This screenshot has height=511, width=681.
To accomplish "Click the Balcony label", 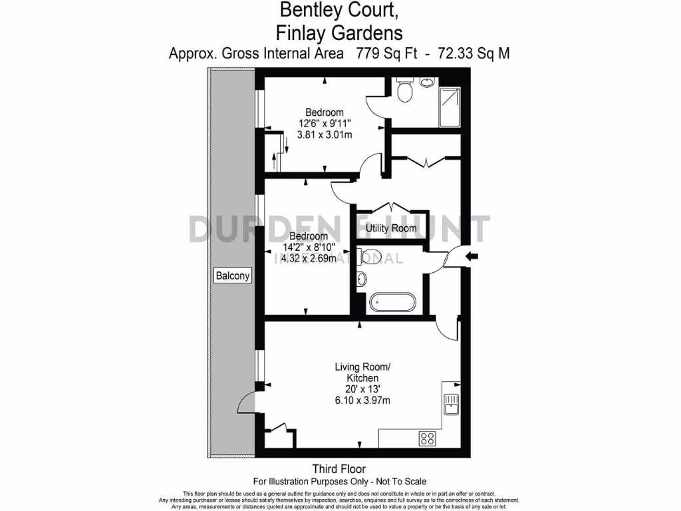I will (233, 275).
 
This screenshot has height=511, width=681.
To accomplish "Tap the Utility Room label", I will (391, 228).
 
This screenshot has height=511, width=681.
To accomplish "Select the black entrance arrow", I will (472, 256).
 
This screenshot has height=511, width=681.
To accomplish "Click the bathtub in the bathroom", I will (392, 303).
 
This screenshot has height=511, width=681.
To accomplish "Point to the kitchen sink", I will (451, 403).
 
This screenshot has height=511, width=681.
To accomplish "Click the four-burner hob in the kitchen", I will (427, 438).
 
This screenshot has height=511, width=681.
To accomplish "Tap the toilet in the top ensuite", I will (404, 91).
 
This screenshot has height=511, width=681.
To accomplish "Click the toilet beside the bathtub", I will (368, 255).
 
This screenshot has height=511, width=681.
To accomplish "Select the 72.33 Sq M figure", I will (474, 53).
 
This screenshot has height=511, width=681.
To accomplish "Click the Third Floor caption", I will (339, 469).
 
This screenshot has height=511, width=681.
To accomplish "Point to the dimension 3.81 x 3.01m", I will (325, 134).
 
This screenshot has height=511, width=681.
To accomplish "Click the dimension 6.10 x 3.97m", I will (362, 401).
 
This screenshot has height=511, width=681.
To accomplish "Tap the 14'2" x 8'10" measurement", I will (308, 248).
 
